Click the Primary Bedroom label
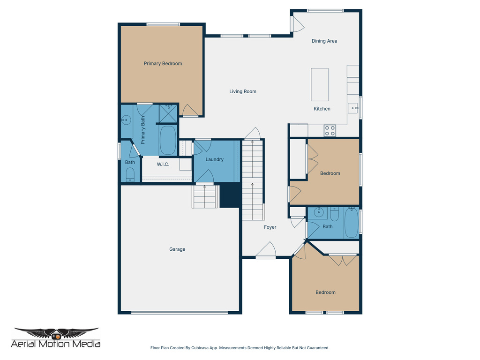click(163, 64)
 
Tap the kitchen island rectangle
click(320, 84)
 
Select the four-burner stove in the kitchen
click(330, 130)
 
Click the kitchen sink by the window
click(353, 108)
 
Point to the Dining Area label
click(324, 41)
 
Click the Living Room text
click(243, 92)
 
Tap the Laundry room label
click(215, 160)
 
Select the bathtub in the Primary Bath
click(168, 140)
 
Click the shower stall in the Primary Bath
click(168, 113)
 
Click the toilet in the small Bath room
click(130, 176)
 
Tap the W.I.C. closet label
click(163, 165)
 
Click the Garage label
click(177, 249)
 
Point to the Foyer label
click(270, 227)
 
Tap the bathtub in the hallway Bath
click(352, 223)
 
